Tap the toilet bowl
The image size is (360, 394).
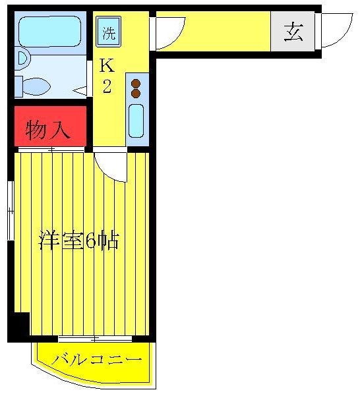tap(37, 86)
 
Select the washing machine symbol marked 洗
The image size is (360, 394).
tap(107, 32)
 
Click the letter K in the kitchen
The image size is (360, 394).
tap(105, 65)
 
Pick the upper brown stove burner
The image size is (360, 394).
tap(136, 84)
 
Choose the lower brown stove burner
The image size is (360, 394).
tap(136, 94)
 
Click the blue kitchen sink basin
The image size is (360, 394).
tap(136, 120)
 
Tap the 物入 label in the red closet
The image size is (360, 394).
tap(48, 130)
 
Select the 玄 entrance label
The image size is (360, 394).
tap(293, 31)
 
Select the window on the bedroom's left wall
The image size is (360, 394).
tap(10, 211)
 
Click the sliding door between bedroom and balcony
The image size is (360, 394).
tap(95, 339)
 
